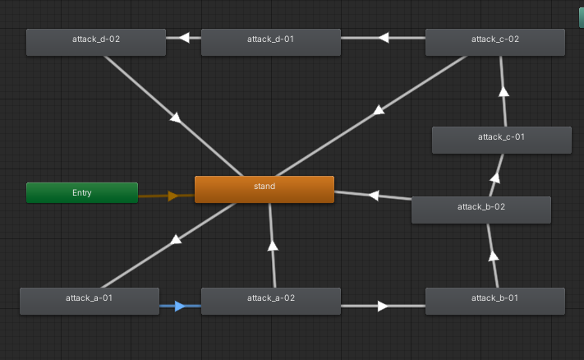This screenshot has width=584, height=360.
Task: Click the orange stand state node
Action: click(x=264, y=189)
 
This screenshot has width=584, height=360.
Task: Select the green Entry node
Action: click(x=82, y=193)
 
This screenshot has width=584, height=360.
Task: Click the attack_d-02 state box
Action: click(x=96, y=42)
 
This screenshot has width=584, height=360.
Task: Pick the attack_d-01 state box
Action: click(x=271, y=42)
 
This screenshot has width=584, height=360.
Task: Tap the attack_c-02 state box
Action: click(x=495, y=42)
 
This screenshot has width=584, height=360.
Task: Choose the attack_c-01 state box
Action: click(x=502, y=140)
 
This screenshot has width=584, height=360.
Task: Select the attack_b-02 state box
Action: click(x=481, y=210)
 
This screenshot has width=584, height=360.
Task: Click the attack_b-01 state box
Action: click(x=495, y=301)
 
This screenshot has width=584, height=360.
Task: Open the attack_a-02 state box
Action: click(x=271, y=301)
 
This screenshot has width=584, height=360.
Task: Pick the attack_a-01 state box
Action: click(x=90, y=301)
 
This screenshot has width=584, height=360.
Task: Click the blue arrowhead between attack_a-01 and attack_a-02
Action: click(x=182, y=307)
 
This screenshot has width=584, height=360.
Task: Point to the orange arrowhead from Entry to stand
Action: click(x=172, y=196)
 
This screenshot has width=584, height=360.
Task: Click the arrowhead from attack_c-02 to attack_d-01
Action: click(x=383, y=37)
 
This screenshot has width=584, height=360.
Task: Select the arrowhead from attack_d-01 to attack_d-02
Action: click(x=184, y=37)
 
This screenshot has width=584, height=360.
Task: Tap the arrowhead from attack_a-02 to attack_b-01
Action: click(x=383, y=306)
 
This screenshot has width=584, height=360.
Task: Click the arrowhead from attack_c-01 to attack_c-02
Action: click(x=504, y=92)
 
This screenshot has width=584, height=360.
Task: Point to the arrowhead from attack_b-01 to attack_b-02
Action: click(x=493, y=256)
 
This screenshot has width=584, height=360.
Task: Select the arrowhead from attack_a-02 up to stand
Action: click(x=273, y=244)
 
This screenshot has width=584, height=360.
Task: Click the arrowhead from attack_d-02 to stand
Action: click(x=175, y=118)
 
